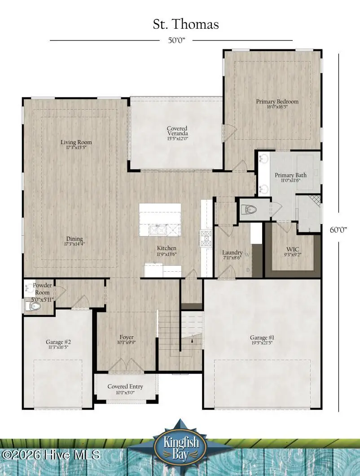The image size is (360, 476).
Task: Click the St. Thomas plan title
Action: (186, 24)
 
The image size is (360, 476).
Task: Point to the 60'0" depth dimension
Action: (339, 229)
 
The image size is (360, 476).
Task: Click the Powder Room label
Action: (42, 289)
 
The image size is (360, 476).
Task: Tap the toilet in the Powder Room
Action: (33, 307)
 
